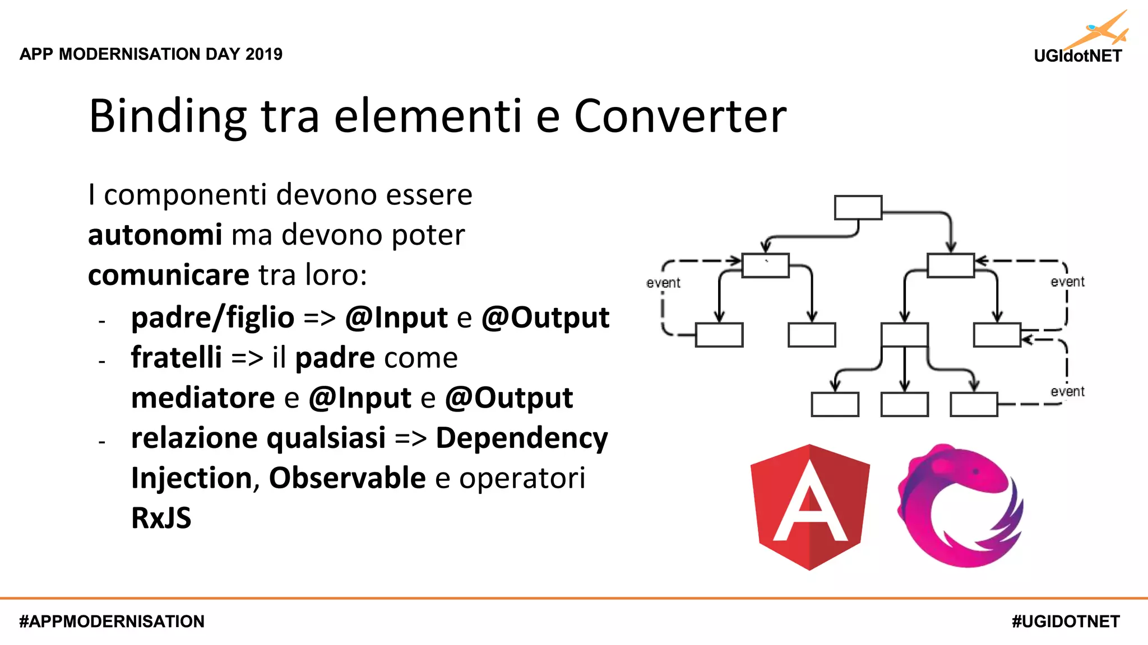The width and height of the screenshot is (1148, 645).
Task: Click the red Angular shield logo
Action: pyautogui.click(x=810, y=507)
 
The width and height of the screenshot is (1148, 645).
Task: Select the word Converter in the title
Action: pyautogui.click(x=680, y=116)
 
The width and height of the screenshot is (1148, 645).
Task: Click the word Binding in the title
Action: pyautogui.click(x=168, y=116)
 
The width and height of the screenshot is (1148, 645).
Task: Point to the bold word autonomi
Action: pyautogui.click(x=155, y=235)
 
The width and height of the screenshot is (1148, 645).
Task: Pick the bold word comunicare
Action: pyautogui.click(x=168, y=275)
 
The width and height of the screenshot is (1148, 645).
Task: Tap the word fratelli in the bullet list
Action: pyautogui.click(x=176, y=357)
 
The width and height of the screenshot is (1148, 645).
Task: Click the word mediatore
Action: pyautogui.click(x=202, y=398)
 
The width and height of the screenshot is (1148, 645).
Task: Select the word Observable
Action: pyautogui.click(x=347, y=478)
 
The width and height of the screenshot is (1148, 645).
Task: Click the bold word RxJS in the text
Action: pyautogui.click(x=161, y=518)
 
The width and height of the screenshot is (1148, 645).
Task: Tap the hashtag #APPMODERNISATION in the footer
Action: pyautogui.click(x=112, y=621)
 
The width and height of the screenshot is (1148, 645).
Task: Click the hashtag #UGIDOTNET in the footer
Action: pyautogui.click(x=1066, y=621)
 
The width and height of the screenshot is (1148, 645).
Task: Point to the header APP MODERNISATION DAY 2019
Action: pyautogui.click(x=151, y=54)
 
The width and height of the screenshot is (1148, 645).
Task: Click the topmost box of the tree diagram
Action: pyautogui.click(x=858, y=208)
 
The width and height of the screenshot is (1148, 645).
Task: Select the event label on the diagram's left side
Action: pyautogui.click(x=663, y=283)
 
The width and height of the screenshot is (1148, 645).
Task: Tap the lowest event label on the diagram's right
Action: pyautogui.click(x=1067, y=391)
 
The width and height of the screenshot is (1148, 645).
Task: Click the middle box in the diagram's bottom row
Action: pyautogui.click(x=904, y=404)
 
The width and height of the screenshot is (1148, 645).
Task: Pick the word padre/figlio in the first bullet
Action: pyautogui.click(x=212, y=318)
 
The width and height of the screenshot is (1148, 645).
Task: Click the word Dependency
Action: pyautogui.click(x=521, y=438)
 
